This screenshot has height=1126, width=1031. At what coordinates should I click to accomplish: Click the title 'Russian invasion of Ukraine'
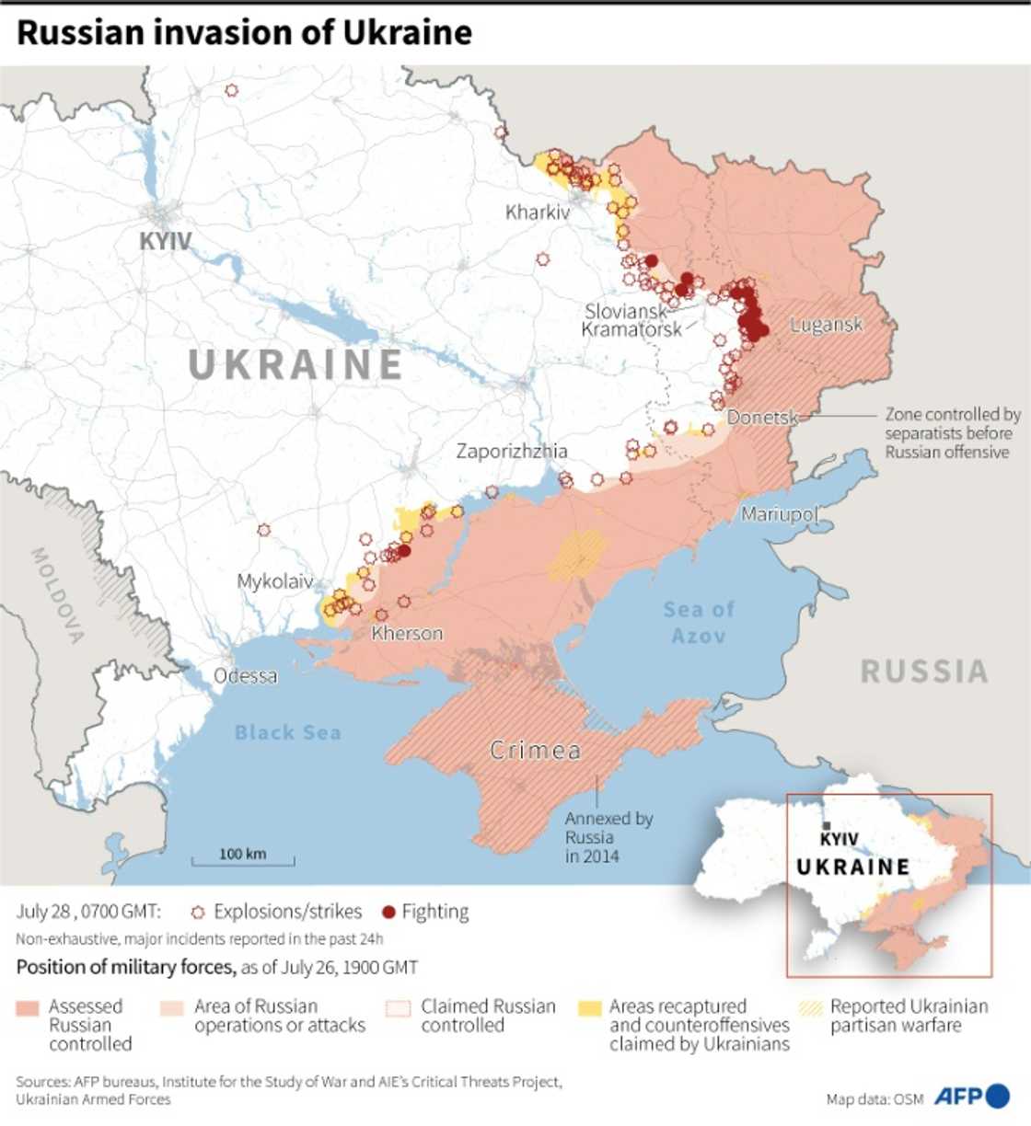click(x=244, y=33)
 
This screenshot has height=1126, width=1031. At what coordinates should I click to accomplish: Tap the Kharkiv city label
click(x=538, y=213)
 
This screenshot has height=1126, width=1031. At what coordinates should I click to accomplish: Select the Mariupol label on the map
click(x=779, y=513)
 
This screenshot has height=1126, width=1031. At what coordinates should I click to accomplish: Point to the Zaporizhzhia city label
click(x=512, y=451)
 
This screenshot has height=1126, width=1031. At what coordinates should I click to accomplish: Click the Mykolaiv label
click(x=274, y=581)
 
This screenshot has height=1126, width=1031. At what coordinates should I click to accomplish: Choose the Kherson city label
click(x=407, y=633)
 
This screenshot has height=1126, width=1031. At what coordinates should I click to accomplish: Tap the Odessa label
click(x=245, y=676)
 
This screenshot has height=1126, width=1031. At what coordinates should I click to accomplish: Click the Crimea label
click(x=535, y=751)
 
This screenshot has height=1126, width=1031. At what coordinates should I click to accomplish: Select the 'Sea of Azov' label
click(x=699, y=622)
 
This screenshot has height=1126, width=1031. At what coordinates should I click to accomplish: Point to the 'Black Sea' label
click(x=287, y=732)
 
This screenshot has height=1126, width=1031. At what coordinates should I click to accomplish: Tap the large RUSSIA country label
click(x=923, y=671)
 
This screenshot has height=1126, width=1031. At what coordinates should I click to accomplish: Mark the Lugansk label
click(x=826, y=324)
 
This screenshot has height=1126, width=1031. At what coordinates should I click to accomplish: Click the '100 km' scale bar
click(x=243, y=856)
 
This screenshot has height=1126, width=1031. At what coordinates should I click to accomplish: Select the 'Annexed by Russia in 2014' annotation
click(x=608, y=837)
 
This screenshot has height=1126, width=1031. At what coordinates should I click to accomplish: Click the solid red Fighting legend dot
click(x=388, y=912)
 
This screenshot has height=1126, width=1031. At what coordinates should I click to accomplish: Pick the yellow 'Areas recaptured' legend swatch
click(x=590, y=1008)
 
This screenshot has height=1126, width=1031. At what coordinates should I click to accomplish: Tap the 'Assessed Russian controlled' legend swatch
click(x=29, y=1008)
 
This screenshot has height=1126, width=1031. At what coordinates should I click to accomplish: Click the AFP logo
click(x=971, y=1097)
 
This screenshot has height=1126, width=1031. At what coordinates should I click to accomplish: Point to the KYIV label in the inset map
click(x=839, y=838)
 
